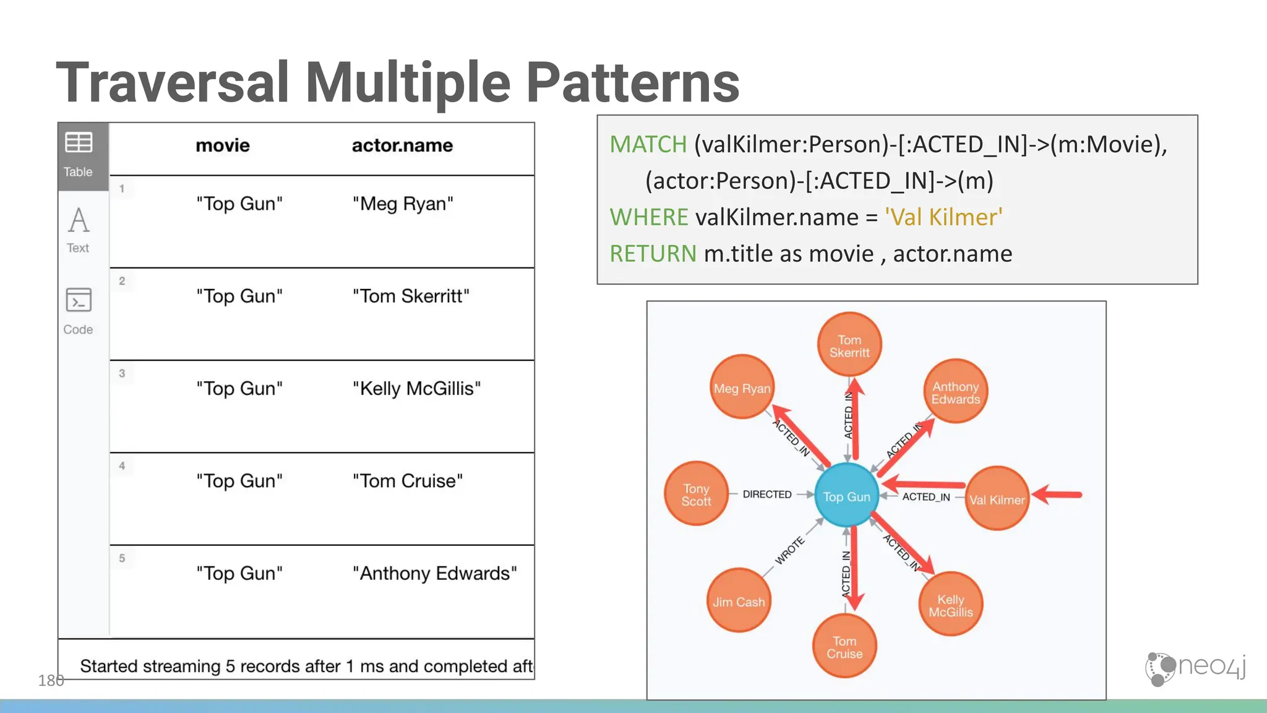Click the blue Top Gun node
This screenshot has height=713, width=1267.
click(x=846, y=496)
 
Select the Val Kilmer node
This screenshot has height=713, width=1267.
click(x=997, y=499)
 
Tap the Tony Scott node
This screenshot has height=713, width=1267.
click(x=696, y=495)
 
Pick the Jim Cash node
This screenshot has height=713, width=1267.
click(x=738, y=601)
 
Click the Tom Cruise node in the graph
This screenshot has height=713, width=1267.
click(x=844, y=647)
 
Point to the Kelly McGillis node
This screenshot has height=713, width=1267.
click(x=951, y=605)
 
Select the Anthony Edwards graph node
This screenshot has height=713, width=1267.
click(x=956, y=392)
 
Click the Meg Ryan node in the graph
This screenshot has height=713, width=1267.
click(x=742, y=388)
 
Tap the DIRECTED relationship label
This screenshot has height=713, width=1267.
click(x=767, y=495)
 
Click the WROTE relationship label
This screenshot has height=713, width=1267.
click(x=790, y=550)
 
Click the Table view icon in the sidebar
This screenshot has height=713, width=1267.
click(x=79, y=144)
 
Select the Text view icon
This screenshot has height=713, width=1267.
click(x=79, y=222)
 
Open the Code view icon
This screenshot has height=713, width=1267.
click(x=79, y=301)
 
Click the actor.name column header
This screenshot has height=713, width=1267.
click(x=402, y=145)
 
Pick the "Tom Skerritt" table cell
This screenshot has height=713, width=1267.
click(x=411, y=296)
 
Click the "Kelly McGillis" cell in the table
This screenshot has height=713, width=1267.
click(x=416, y=389)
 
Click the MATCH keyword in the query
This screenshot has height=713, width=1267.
click(x=648, y=144)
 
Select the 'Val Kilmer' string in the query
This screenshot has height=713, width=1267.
click(x=943, y=217)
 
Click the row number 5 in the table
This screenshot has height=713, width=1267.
click(x=122, y=558)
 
